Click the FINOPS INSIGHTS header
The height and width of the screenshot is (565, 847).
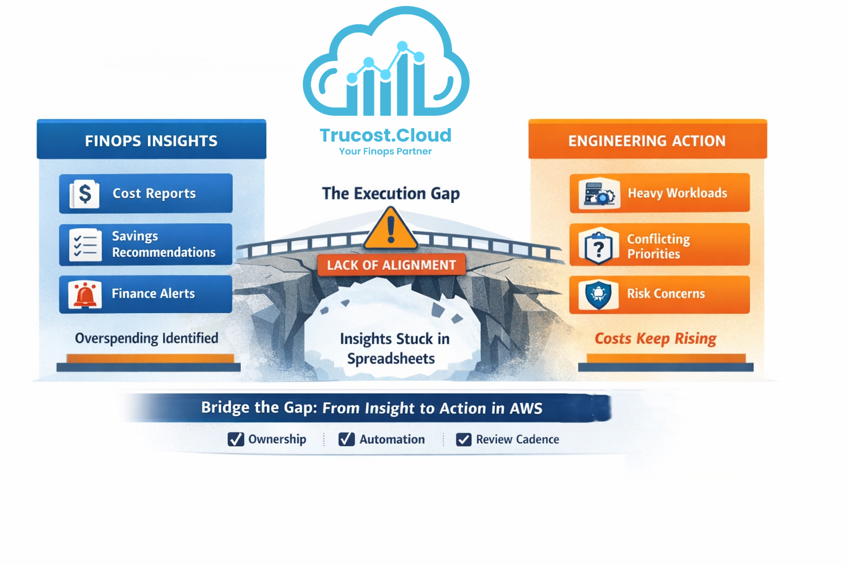coord(151,141)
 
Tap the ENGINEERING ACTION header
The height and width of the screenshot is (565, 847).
coord(647,141)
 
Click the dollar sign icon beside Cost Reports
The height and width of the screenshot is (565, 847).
coord(85,194)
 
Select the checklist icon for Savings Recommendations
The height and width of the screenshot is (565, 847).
coord(85,244)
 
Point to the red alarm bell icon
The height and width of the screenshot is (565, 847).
coord(85,294)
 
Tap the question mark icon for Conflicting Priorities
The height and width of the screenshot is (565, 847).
coord(598,247)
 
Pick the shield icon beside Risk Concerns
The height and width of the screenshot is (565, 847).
coord(598,294)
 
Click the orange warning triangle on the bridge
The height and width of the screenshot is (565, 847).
coord(391,229)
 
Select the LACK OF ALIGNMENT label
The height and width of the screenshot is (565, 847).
coord(392,265)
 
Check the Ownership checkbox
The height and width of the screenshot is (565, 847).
coord(236,439)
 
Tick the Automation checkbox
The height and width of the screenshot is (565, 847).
coord(346,439)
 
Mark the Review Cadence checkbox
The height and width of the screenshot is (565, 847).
coord(464,439)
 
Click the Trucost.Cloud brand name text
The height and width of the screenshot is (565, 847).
coord(385,135)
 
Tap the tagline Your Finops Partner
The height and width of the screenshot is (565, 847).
coord(385,151)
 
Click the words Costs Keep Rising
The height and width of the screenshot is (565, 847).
coord(655,338)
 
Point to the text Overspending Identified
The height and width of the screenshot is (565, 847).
coord(147,338)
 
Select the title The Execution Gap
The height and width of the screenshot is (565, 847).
coord(391,193)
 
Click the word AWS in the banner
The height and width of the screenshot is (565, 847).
coord(526,408)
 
